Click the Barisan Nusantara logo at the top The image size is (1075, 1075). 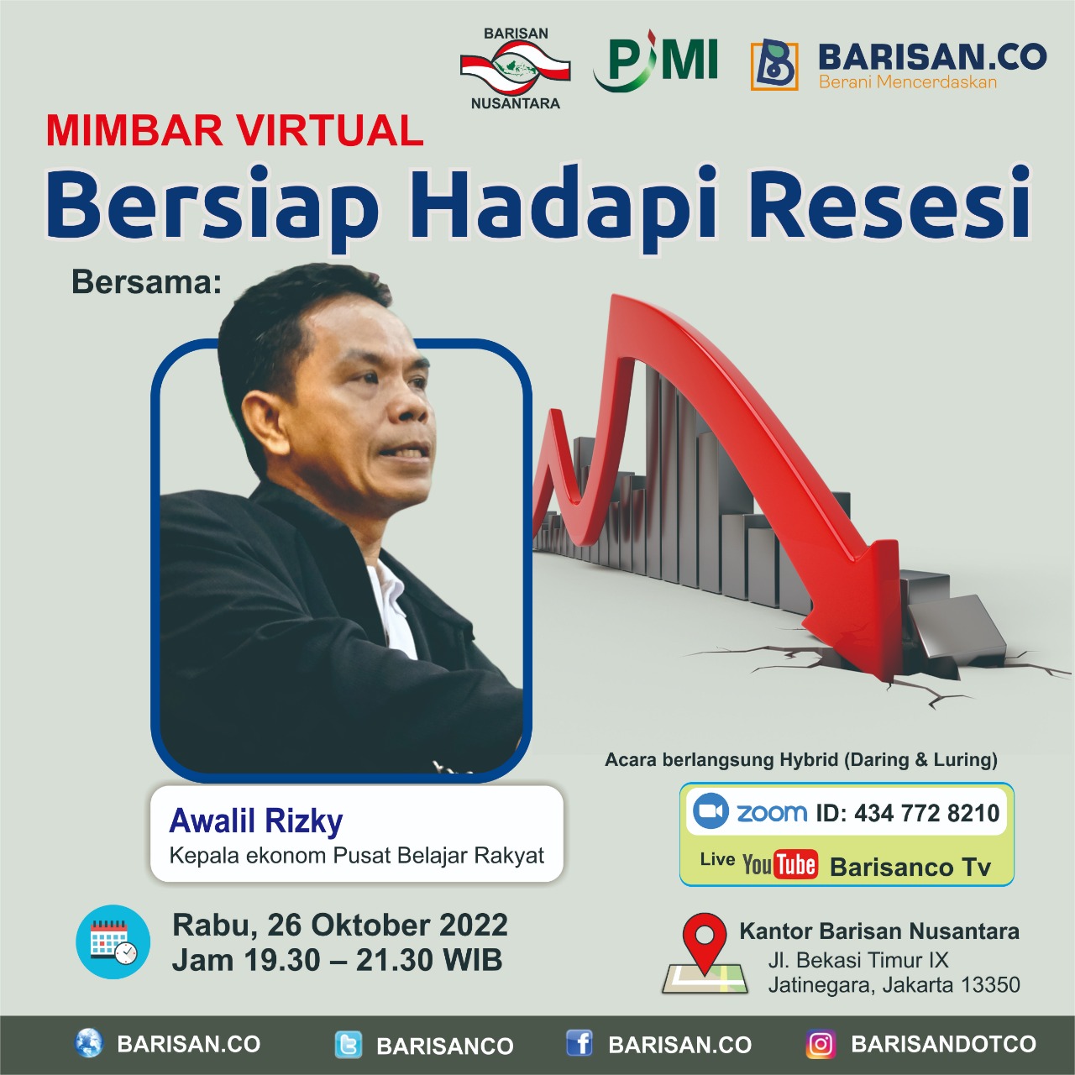pos(515,68)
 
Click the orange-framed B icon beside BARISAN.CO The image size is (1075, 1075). pos(773,66)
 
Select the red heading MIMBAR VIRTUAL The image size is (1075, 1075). pos(235,130)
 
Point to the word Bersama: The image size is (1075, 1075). pos(147,281)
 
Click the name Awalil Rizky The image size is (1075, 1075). pos(256,820)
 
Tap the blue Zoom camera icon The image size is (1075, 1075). pos(711,811)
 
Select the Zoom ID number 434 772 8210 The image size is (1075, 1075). pos(926,813)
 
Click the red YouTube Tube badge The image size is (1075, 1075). pos(796,865)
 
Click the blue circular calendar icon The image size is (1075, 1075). pos(113,941)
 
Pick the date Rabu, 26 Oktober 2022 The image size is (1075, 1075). pos(340,925)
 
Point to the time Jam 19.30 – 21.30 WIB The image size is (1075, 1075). pos(337,961)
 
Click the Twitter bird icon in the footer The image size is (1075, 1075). pos(348,1045)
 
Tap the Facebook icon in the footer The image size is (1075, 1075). pos(579,1043)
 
